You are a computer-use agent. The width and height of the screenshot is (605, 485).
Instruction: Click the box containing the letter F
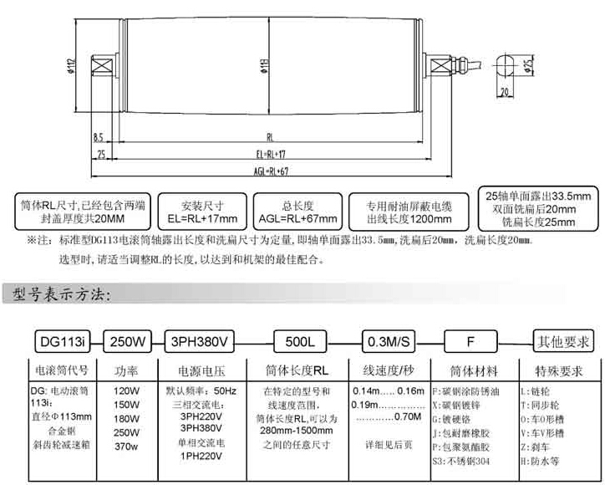tap(471, 341)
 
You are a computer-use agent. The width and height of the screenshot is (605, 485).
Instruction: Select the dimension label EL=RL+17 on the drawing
tap(269, 156)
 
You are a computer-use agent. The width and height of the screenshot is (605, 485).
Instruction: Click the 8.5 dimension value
tap(99, 136)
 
